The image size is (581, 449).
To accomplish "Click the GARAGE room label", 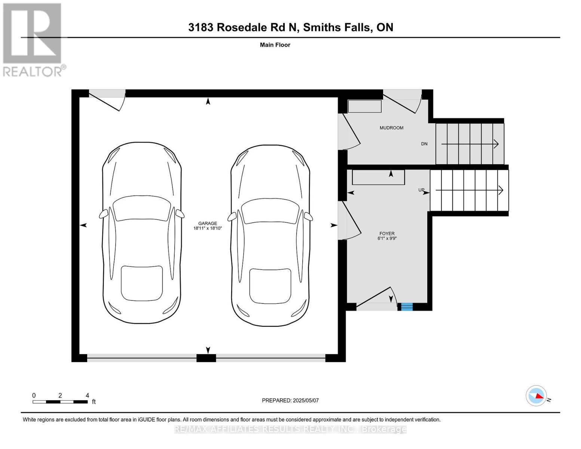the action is click(208, 223).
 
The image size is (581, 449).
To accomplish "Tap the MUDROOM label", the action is click(391, 128).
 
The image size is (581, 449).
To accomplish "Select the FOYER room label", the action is click(387, 233).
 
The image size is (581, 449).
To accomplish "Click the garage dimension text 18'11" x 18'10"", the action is click(208, 228).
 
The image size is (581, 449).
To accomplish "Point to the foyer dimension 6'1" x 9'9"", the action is click(387, 238).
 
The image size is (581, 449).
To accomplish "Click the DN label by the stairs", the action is click(424, 144).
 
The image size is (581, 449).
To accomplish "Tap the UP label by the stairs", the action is click(421, 190).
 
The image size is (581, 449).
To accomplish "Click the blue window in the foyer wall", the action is click(407, 307).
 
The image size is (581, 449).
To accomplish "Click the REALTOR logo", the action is click(33, 40).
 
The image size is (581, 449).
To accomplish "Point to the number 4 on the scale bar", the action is click(87, 395).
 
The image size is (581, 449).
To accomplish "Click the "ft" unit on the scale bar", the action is click(94, 401).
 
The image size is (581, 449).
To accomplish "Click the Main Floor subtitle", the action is click(275, 45).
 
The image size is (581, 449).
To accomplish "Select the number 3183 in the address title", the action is click(201, 27).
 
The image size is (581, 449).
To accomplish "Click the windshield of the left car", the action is click(142, 208).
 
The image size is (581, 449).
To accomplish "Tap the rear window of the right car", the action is click(270, 286).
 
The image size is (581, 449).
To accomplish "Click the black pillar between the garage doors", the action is click(206, 358).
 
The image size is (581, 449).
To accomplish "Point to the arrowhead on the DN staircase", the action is click(496, 144).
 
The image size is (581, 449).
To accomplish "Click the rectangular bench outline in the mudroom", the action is click(365, 106).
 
